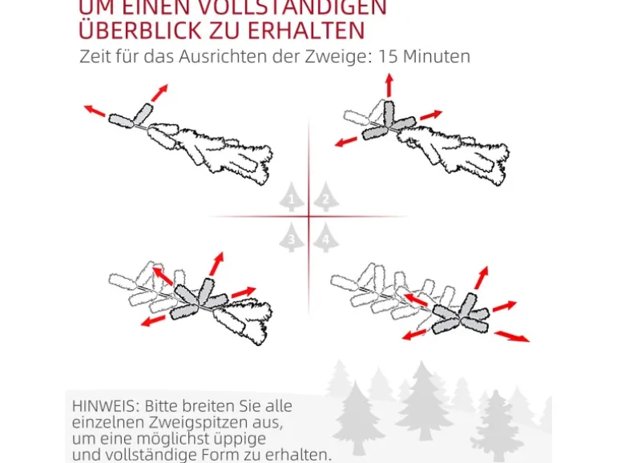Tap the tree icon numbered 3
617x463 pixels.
292,237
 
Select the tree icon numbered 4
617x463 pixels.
325,237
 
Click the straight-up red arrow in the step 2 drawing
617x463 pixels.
389,84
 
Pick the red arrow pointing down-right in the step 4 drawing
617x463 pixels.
511,335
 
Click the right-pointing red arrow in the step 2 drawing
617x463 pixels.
431,115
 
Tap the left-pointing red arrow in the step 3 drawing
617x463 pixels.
153,320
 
